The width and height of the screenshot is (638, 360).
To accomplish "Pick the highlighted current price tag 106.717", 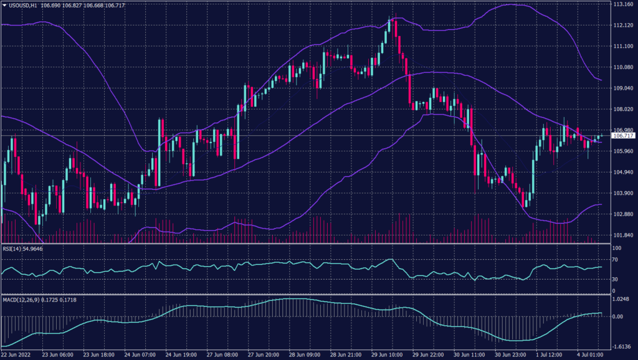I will [623, 135].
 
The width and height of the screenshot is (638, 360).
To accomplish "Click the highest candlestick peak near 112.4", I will [390, 19].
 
